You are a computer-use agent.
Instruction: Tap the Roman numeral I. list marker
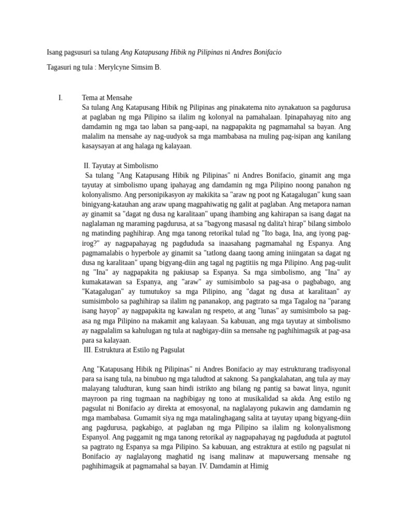click(61, 97)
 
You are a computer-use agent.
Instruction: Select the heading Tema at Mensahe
click(107, 97)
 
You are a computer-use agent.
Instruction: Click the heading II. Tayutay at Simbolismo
click(121, 166)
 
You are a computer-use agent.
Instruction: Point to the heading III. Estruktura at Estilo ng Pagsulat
click(134, 350)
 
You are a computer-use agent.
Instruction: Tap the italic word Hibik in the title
click(178, 53)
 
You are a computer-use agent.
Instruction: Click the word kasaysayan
click(101, 146)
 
